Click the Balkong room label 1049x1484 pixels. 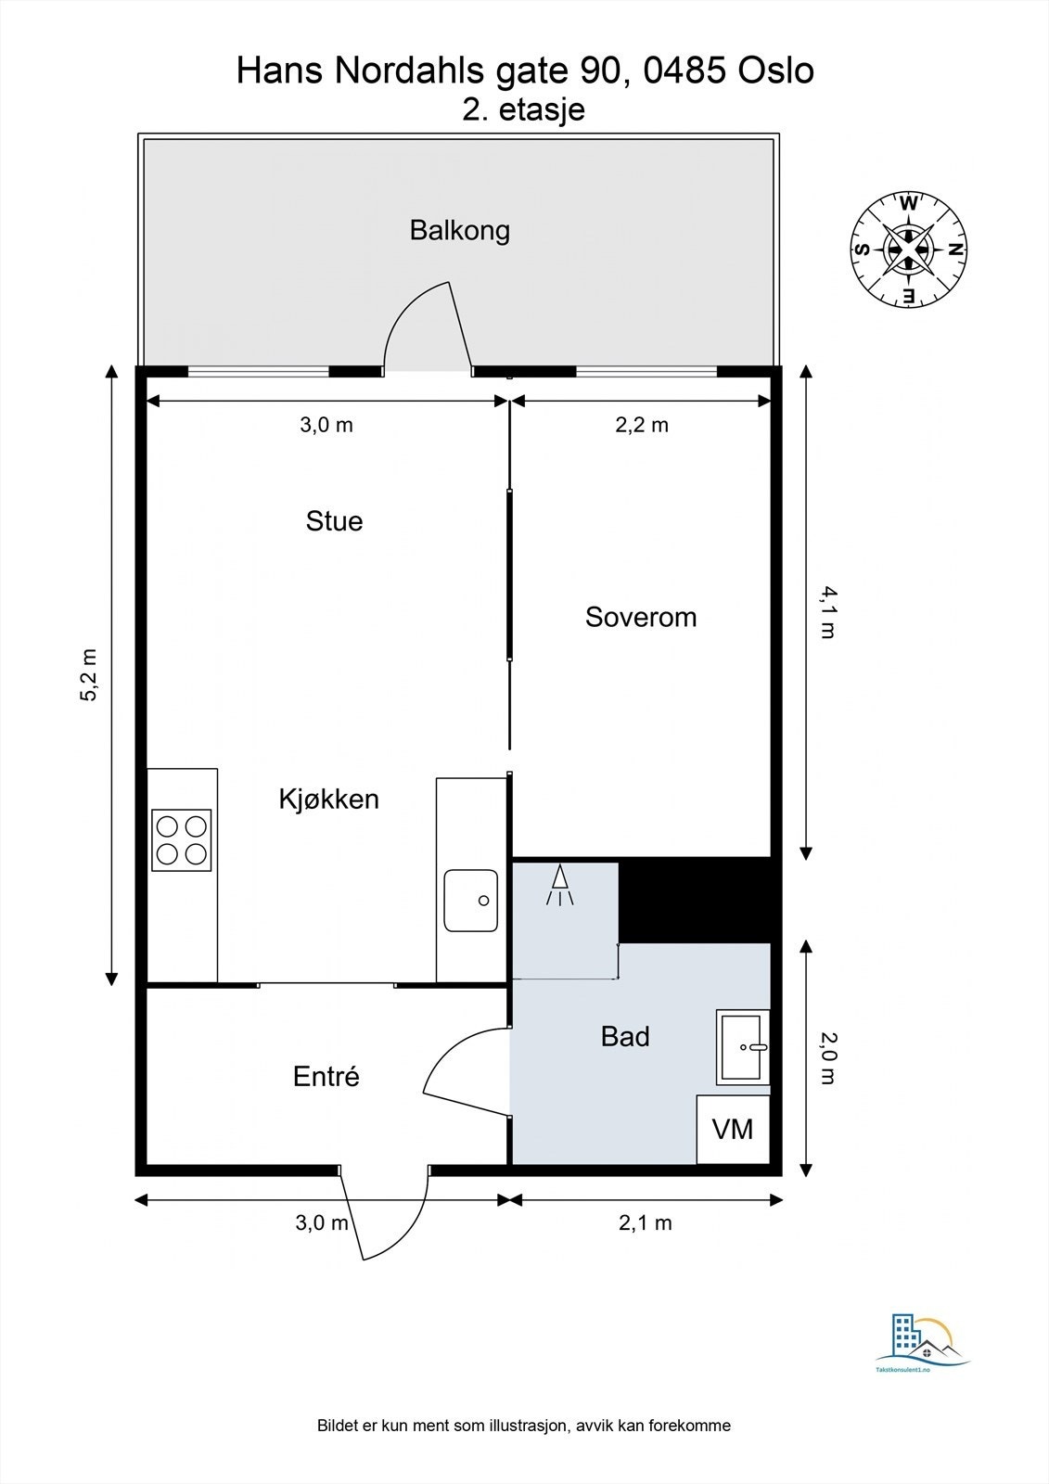(459, 231)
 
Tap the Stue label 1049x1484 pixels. (334, 521)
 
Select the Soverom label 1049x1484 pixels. (641, 618)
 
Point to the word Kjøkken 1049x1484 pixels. (328, 799)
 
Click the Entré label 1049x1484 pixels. (326, 1076)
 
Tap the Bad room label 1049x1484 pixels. (625, 1037)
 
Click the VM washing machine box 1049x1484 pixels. (733, 1129)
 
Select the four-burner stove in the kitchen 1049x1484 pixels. (182, 840)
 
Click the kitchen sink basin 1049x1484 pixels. (470, 901)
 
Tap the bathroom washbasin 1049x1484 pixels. (743, 1047)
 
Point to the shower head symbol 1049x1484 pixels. (560, 885)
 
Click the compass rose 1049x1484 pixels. (909, 249)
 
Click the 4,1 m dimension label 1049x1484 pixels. (827, 613)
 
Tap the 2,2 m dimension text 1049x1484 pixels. (642, 425)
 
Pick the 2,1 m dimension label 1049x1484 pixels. (645, 1222)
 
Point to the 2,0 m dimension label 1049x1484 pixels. (827, 1058)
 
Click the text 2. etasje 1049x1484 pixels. (523, 109)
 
